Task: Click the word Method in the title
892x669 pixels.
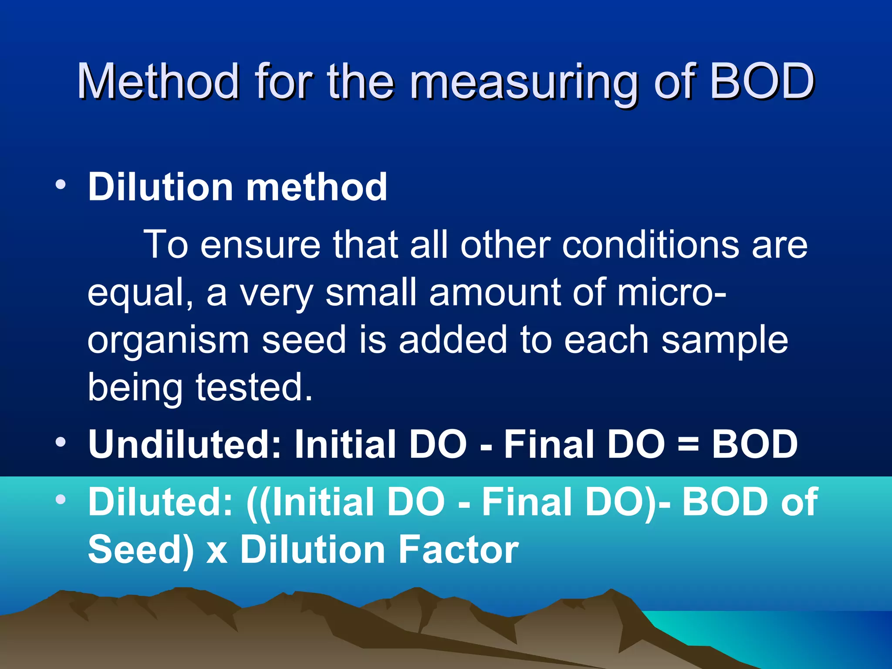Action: [158, 81]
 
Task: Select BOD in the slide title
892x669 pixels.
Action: [762, 81]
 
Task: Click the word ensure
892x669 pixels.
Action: [260, 245]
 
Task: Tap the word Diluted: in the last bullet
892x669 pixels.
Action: [160, 502]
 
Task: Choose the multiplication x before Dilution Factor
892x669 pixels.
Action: [217, 552]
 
